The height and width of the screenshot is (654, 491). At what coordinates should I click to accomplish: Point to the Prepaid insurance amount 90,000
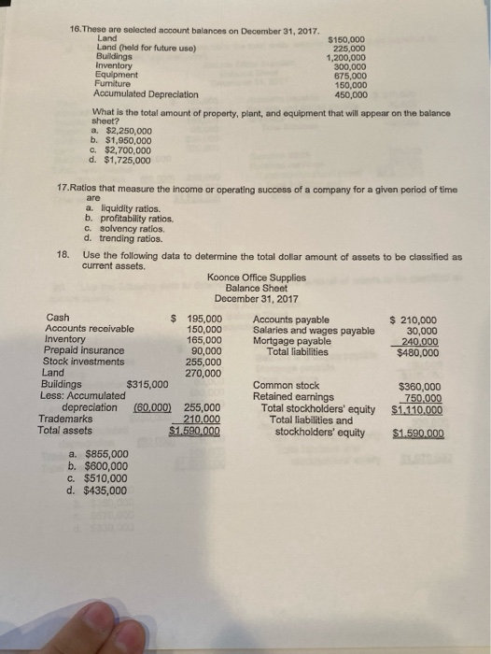pos(204,351)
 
